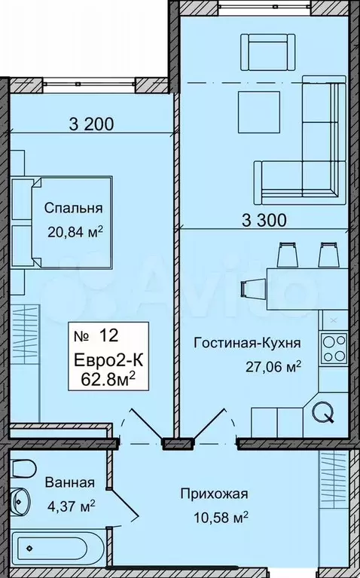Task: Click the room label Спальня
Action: pos(73,208)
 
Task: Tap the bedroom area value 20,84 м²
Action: pos(75,232)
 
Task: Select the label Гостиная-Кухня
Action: pos(248,344)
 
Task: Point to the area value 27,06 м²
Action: pos(274,367)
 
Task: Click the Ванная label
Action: pos(69,482)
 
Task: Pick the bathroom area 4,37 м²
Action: pos(71,506)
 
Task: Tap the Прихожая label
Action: pos(214,494)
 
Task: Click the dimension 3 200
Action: pos(91,124)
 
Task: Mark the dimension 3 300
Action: pos(264,221)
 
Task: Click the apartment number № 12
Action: pos(96,336)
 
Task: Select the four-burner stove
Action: pos(334,349)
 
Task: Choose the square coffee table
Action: pos(258,112)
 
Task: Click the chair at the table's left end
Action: pos(253,288)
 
